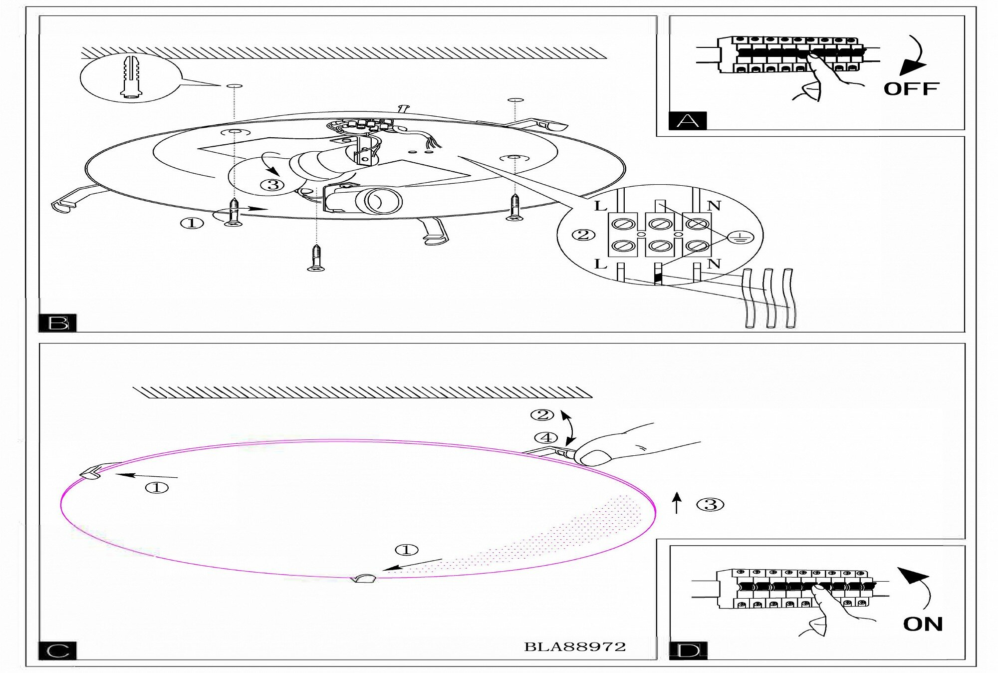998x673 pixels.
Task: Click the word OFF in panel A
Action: [911, 89]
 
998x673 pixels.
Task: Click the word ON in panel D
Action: [923, 624]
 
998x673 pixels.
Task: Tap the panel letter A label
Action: [687, 121]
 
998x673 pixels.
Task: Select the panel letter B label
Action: [58, 323]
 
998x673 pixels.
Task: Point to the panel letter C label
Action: [58, 651]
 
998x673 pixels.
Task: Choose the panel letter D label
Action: [688, 651]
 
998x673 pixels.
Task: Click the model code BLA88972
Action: [575, 647]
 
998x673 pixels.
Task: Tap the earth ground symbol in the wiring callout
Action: [741, 238]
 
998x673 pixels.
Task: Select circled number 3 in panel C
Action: [711, 505]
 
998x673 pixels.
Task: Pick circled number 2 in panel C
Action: [542, 415]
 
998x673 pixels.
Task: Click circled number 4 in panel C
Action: [546, 438]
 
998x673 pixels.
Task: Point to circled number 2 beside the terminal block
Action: [583, 234]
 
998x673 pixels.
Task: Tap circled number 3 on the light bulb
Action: [272, 185]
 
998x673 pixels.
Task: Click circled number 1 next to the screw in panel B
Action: [192, 223]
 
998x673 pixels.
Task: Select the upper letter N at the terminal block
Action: [714, 206]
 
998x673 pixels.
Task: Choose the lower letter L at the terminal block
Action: [601, 264]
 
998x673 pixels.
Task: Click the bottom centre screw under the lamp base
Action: [316, 258]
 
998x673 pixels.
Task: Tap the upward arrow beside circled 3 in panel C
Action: [677, 503]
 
